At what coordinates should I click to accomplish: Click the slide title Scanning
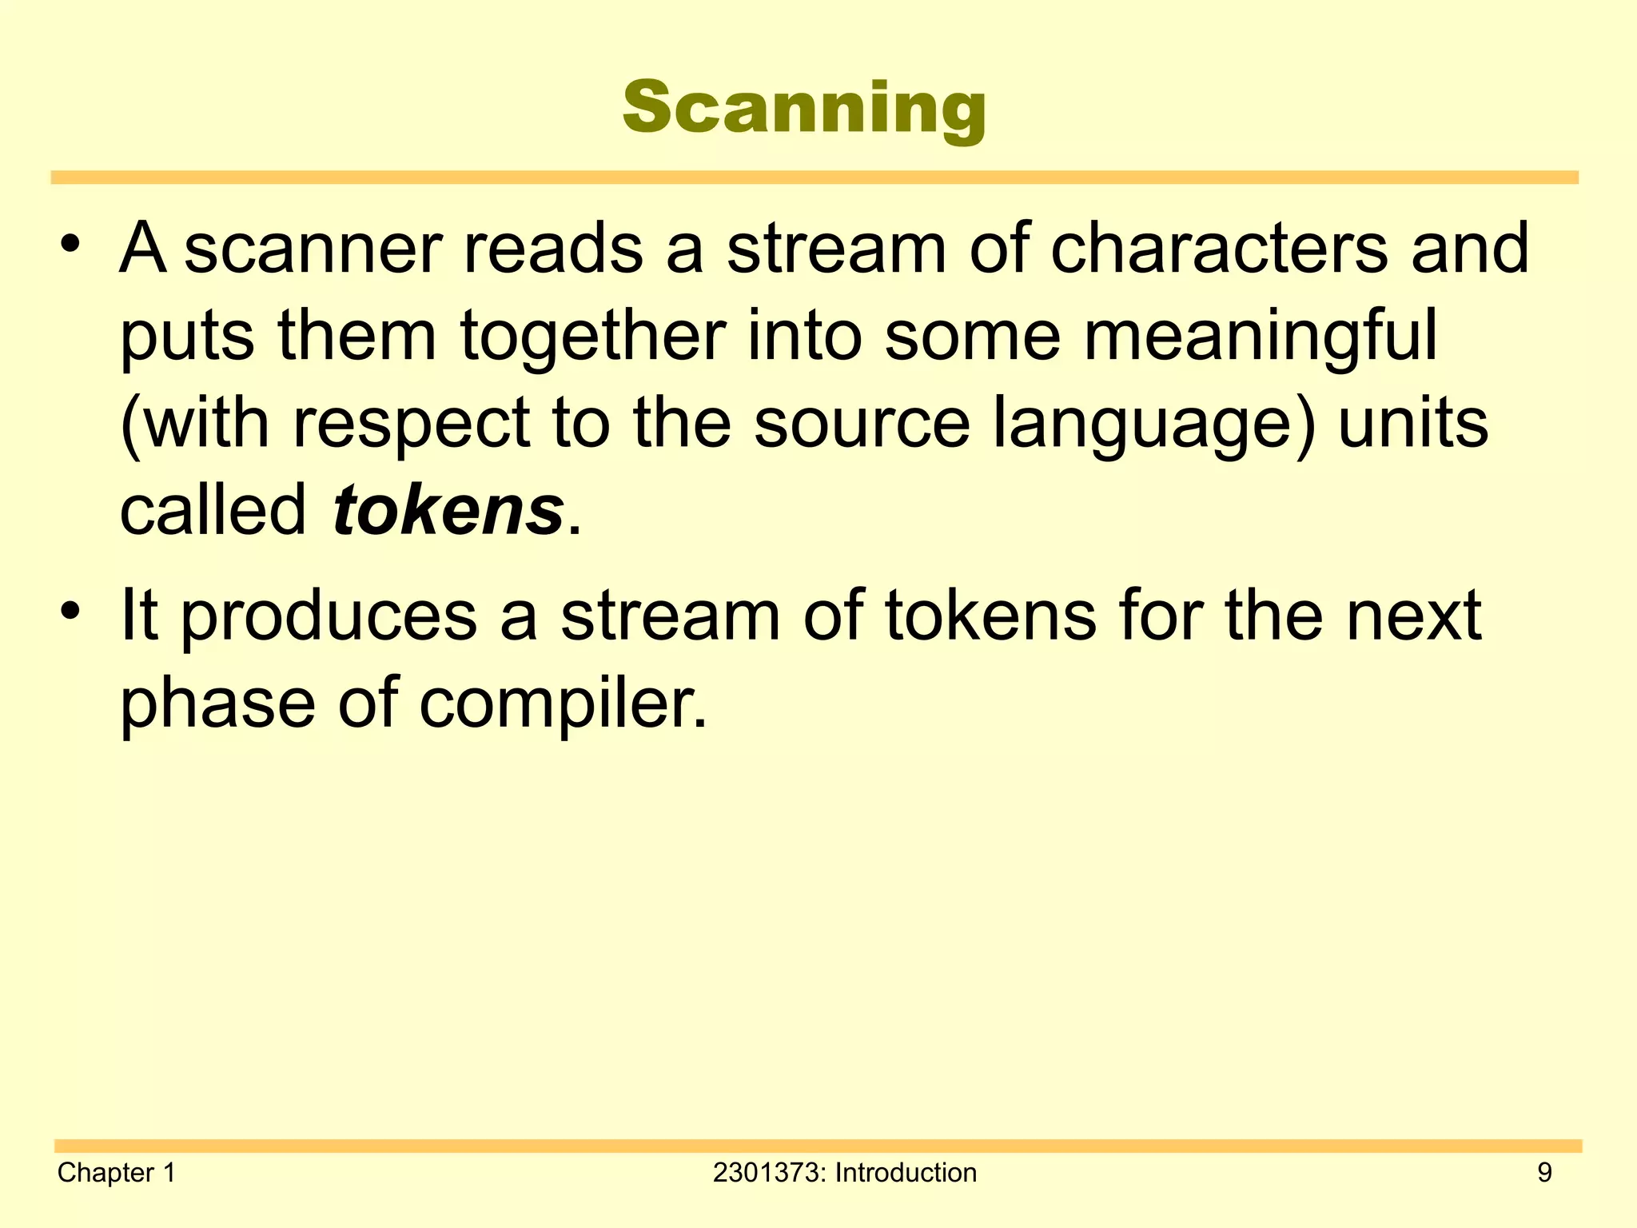tap(804, 108)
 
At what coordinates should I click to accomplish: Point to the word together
tap(592, 337)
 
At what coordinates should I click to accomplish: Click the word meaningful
tap(1261, 337)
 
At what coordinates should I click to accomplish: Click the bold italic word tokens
tap(448, 511)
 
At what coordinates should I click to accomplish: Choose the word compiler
tap(563, 704)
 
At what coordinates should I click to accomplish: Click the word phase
tap(217, 704)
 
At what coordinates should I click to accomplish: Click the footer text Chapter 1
tap(117, 1173)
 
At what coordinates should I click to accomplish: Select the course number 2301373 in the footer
tap(767, 1173)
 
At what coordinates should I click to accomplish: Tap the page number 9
tap(1544, 1173)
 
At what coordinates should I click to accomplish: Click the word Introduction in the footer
tap(906, 1173)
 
